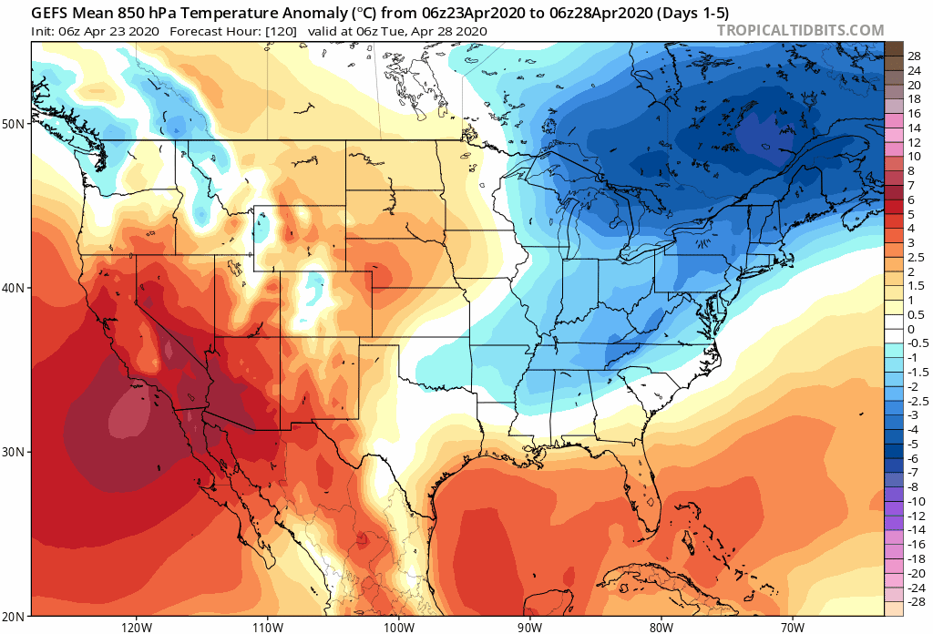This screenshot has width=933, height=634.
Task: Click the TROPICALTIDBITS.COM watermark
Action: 800,30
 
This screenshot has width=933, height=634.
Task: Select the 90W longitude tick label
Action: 530,627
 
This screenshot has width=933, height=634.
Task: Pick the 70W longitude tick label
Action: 791,627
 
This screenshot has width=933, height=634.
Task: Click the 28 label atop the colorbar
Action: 914,56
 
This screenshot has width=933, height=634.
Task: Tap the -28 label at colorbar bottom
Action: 914,602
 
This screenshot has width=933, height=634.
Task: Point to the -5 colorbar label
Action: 912,444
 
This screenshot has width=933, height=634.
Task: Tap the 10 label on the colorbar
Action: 912,157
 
